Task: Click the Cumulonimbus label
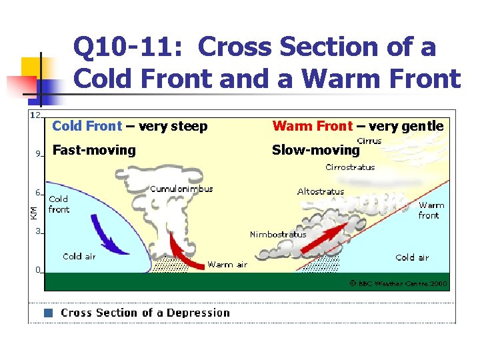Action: click(181, 189)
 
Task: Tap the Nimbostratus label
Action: click(278, 234)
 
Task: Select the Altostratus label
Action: click(321, 191)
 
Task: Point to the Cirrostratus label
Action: click(350, 167)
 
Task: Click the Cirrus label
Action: click(369, 141)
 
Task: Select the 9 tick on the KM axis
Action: click(38, 153)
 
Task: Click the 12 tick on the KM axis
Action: click(35, 115)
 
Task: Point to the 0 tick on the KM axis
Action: click(38, 270)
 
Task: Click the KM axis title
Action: click(33, 212)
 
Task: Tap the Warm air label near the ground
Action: click(227, 265)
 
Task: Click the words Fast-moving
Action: click(93, 150)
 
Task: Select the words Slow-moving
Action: click(315, 150)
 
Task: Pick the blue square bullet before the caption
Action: click(48, 313)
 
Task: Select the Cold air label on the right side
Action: click(412, 257)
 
